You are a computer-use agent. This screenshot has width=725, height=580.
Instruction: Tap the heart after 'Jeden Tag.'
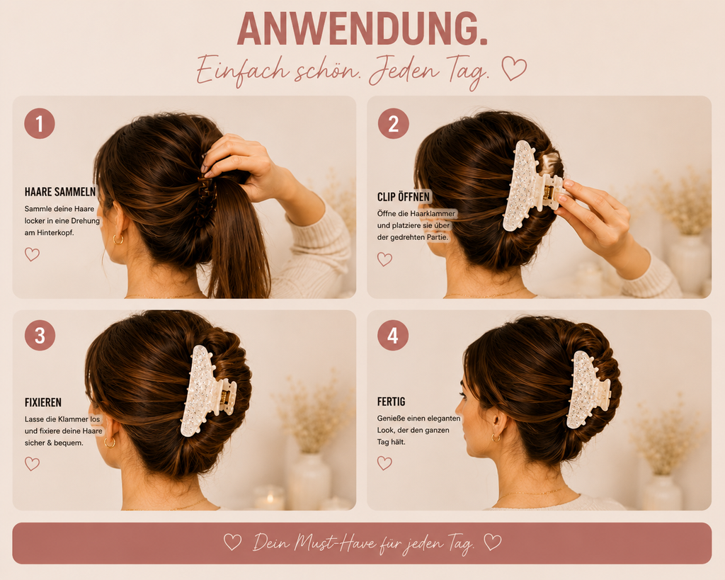(514, 68)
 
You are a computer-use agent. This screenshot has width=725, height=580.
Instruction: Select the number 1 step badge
(40, 123)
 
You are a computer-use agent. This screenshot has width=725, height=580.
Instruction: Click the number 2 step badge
(393, 123)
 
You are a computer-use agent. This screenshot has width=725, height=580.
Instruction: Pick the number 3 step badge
(40, 335)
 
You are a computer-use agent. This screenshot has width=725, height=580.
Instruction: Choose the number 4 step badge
(393, 335)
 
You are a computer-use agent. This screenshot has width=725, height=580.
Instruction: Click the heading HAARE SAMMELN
(60, 191)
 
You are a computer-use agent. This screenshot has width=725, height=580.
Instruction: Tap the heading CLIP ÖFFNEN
(403, 197)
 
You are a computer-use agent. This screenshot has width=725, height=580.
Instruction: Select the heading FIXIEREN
(43, 402)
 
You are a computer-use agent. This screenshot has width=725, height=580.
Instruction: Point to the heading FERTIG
(391, 402)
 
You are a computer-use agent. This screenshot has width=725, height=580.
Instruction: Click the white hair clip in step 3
(206, 392)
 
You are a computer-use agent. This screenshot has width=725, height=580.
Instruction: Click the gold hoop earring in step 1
(118, 239)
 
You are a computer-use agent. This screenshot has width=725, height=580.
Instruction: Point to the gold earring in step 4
(496, 438)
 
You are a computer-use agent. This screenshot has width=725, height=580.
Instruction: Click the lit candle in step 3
(268, 498)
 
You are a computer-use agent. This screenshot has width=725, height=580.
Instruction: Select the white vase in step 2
(689, 262)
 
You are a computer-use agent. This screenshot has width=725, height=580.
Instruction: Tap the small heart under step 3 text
(32, 463)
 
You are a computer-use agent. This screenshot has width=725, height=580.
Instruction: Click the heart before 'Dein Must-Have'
(232, 542)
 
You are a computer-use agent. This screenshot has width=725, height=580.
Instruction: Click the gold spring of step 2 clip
(548, 191)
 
